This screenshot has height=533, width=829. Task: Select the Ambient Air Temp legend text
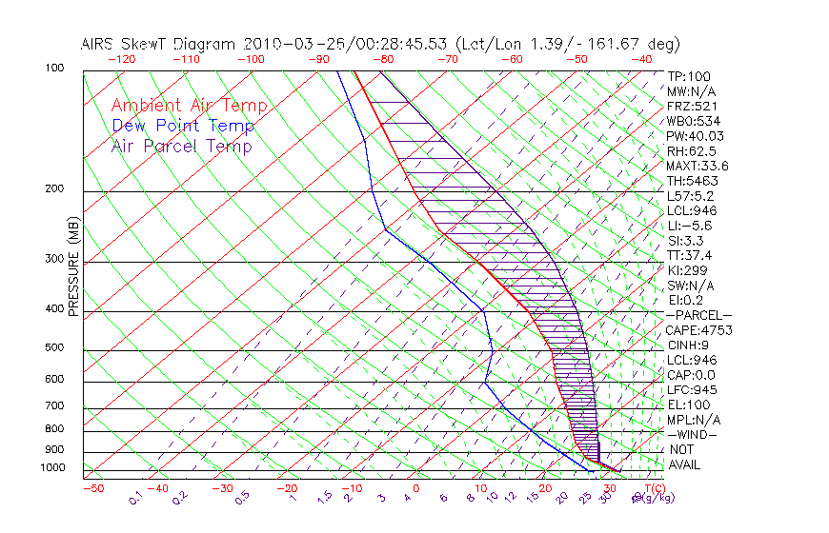pos(189,106)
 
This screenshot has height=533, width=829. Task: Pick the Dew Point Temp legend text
pos(183,126)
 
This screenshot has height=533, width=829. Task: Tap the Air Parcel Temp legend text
pos(181,146)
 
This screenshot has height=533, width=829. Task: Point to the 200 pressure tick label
pos(55,189)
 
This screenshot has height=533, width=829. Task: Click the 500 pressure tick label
pos(55,348)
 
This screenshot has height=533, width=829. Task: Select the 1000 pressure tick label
pos(52,468)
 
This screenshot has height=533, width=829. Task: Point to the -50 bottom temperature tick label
pos(92,487)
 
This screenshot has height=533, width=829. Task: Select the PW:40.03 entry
pos(695,136)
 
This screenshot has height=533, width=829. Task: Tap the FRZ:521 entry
pos(691,106)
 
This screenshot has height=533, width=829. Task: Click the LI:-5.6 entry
pos(689,226)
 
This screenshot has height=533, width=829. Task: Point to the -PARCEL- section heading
pos(699,315)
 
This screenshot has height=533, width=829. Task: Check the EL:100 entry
pos(688,405)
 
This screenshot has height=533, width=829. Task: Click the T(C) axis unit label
pos(652,487)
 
